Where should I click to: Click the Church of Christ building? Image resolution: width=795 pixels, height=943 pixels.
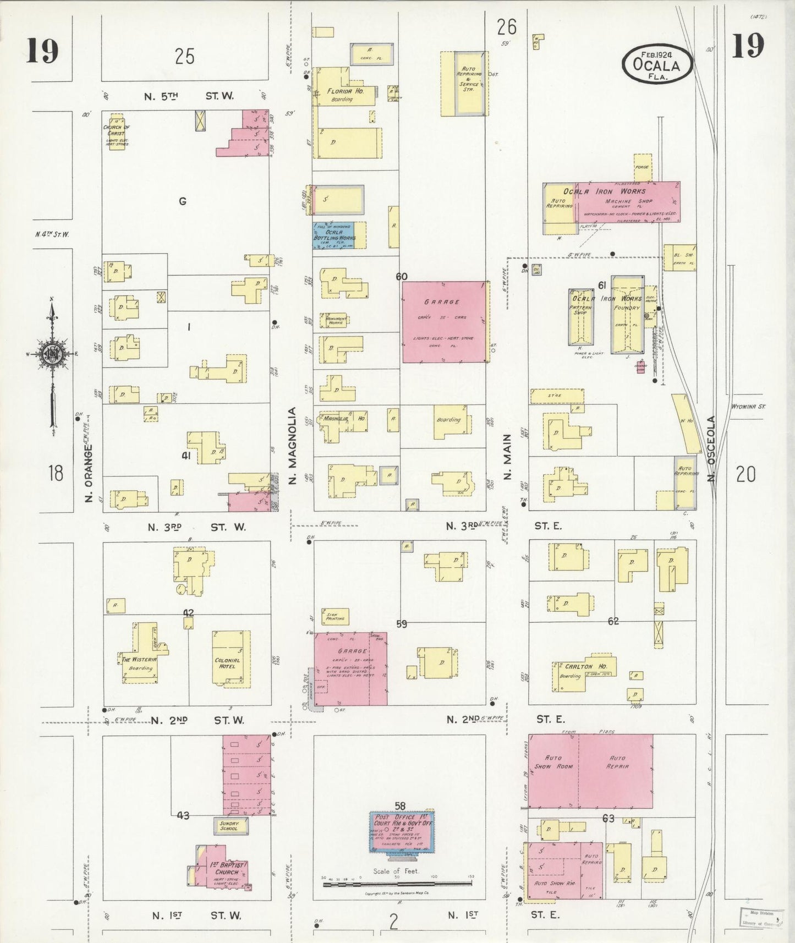click(x=116, y=133)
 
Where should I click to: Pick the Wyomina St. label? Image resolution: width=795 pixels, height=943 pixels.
click(x=749, y=407)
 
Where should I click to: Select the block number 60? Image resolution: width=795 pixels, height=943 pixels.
click(x=402, y=276)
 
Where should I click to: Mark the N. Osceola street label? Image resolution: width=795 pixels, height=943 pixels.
click(x=712, y=448)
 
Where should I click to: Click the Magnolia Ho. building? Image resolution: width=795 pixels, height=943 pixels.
click(x=342, y=421)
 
